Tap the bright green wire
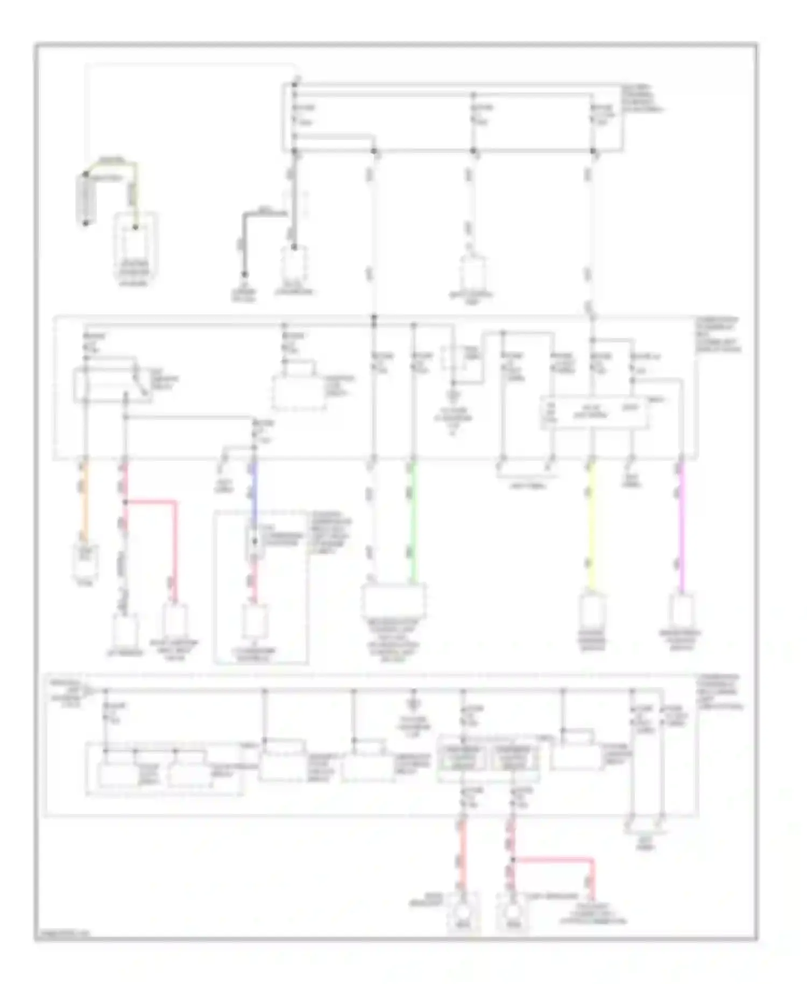[x=413, y=522]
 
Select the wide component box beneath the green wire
[x=394, y=600]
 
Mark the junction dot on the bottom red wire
[x=513, y=860]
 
